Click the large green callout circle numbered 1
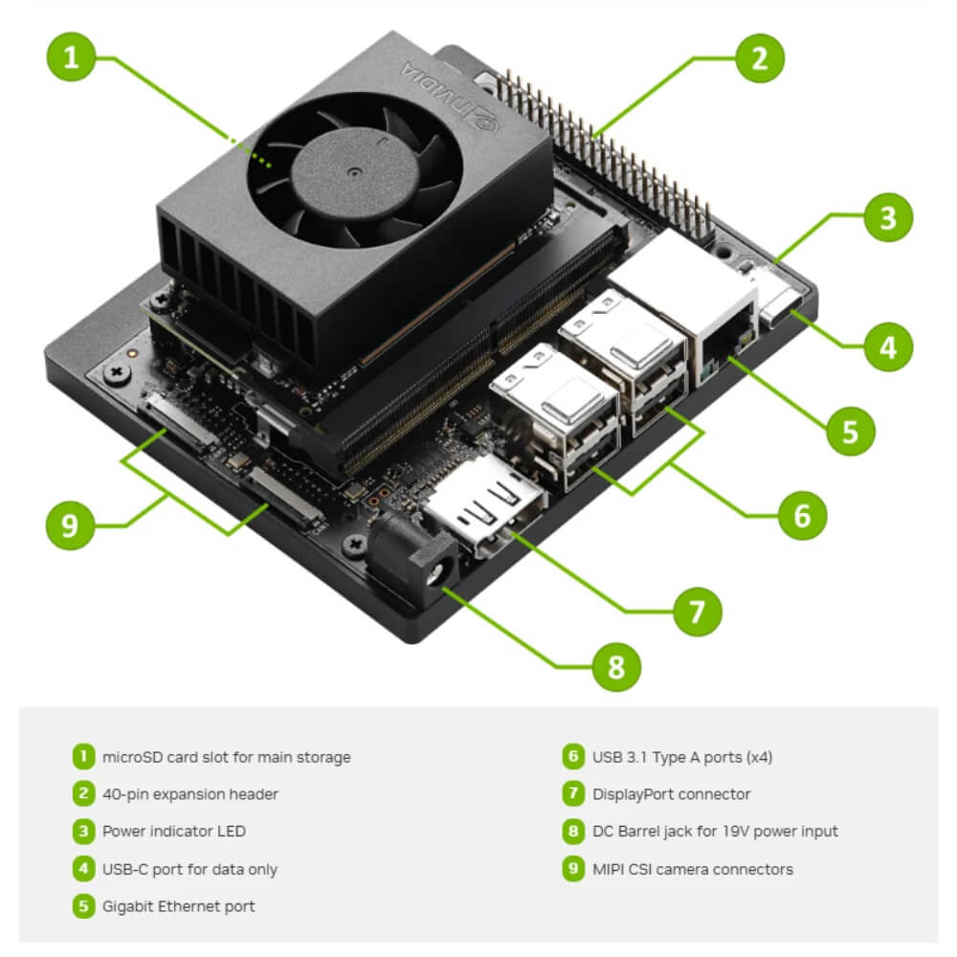[71, 56]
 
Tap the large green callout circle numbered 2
[760, 58]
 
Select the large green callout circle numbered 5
[850, 431]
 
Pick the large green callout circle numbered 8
[616, 666]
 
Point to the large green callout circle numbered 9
[70, 524]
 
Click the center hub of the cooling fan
[355, 172]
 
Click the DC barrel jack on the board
[415, 559]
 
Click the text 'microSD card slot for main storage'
[227, 757]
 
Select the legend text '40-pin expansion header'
[190, 794]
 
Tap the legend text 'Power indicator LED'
[174, 832]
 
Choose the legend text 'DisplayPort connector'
[672, 794]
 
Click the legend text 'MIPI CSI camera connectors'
[693, 869]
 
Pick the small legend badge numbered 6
[573, 756]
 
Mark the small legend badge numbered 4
[83, 869]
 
